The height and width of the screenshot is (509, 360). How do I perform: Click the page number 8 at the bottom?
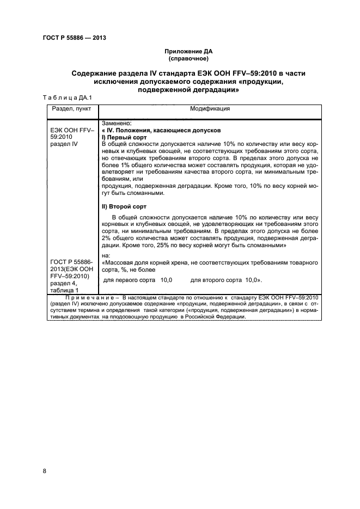[45, 471]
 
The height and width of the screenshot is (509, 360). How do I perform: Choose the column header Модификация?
[210, 109]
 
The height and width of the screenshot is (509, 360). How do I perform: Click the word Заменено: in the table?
[117, 124]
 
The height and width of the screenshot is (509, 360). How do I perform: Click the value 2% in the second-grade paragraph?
[107, 238]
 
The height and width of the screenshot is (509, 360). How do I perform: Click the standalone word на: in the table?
[106, 255]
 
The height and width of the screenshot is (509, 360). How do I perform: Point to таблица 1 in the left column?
[64, 290]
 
